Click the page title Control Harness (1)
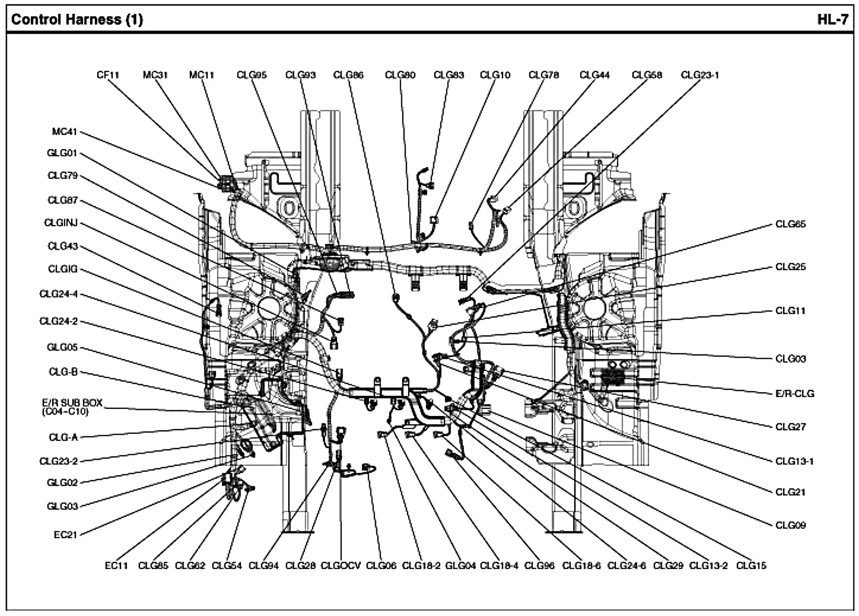point(77,19)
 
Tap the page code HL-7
point(832,19)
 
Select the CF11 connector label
point(108,75)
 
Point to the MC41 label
point(65,132)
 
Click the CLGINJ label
point(61,223)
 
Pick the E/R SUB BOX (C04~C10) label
point(72,407)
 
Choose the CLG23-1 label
point(700,75)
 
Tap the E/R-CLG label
point(795,394)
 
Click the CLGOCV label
point(341,566)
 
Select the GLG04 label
point(460,566)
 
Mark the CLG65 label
point(790,224)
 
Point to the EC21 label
point(66,535)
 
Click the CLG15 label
point(751,566)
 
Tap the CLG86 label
point(348,75)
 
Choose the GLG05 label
point(62,347)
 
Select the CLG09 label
point(790,525)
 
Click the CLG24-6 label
point(627,566)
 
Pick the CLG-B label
point(63,372)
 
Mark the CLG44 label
point(594,75)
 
